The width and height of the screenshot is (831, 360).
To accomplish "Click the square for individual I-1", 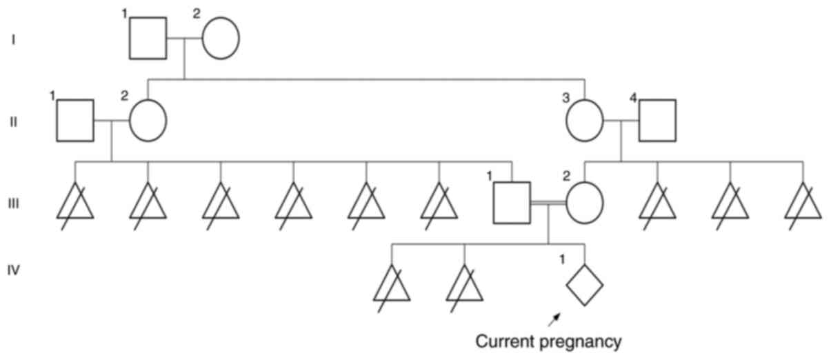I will pyautogui.click(x=148, y=39).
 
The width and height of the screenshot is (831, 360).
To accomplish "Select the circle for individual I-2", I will pyautogui.click(x=220, y=39).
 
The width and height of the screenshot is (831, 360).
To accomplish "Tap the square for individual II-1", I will pyautogui.click(x=75, y=121).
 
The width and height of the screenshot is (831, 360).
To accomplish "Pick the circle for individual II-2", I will pyautogui.click(x=148, y=121).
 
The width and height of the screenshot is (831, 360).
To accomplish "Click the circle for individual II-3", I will pyautogui.click(x=585, y=121).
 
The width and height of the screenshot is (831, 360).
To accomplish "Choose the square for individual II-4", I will pyautogui.click(x=657, y=121).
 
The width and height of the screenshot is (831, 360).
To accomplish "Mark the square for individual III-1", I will pyautogui.click(x=512, y=203).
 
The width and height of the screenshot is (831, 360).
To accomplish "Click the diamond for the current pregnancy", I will pyautogui.click(x=585, y=284).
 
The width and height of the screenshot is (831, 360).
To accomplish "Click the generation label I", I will pyautogui.click(x=13, y=39).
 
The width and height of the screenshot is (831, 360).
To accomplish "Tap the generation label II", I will pyautogui.click(x=13, y=121).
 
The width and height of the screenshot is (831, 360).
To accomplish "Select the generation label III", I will pyautogui.click(x=13, y=203).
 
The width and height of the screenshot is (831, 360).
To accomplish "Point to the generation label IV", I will pyautogui.click(x=13, y=270).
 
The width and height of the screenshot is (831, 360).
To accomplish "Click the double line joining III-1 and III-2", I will pyautogui.click(x=548, y=203).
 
